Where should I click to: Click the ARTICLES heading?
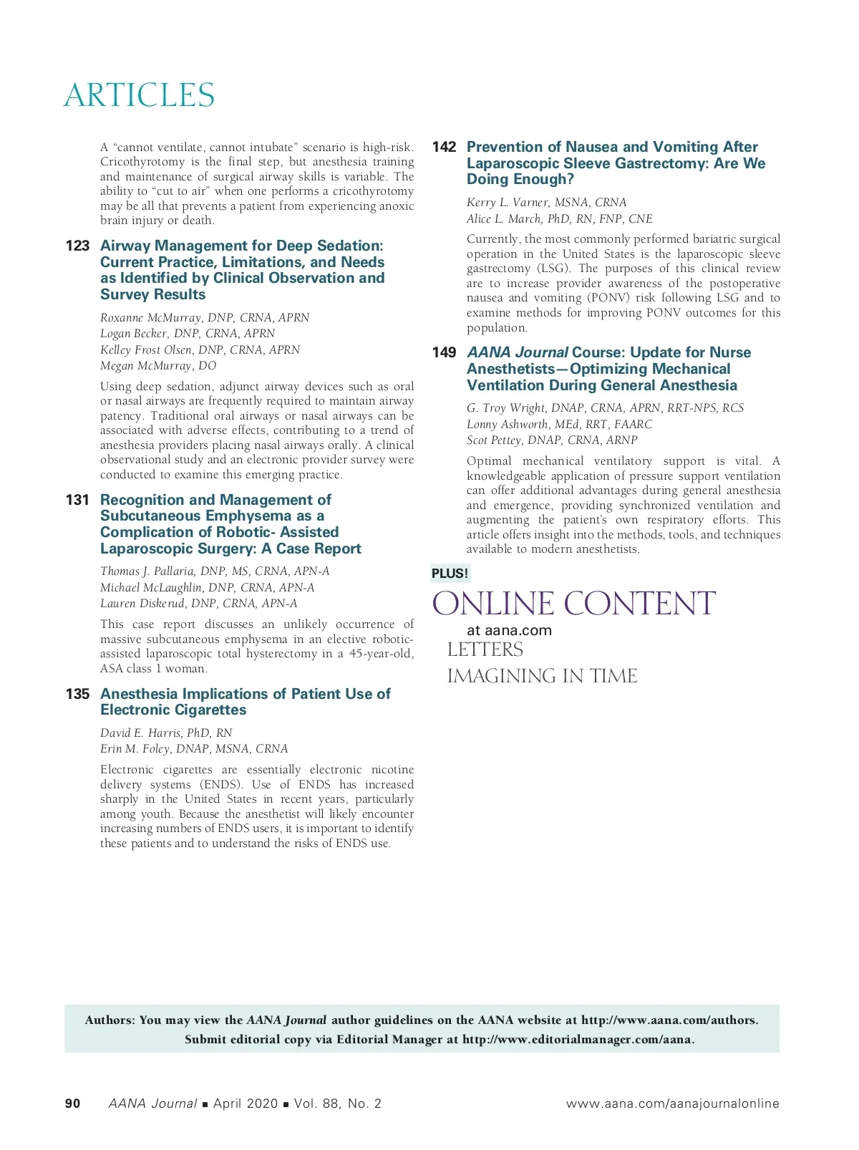139,95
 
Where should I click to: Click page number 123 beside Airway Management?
77,246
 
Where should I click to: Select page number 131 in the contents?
77,500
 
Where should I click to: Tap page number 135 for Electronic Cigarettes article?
77,694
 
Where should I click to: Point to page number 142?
444,147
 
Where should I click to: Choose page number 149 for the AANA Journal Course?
444,352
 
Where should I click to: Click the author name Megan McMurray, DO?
158,366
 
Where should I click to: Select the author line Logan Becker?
188,334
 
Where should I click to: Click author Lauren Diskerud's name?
198,604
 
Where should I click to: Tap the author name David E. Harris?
166,733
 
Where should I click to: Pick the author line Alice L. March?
559,219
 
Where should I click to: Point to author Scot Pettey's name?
551,440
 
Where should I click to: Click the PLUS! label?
450,574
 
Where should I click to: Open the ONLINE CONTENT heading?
573,604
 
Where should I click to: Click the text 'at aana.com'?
509,631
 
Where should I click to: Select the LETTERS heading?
485,650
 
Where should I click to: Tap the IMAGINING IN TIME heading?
542,676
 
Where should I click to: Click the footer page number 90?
73,1103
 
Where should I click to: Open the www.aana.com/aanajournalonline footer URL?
672,1103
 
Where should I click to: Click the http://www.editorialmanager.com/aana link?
578,1040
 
